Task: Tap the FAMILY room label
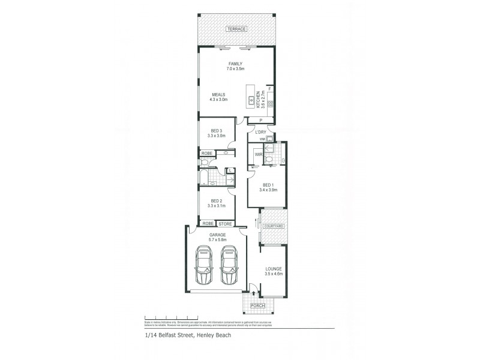click(235, 64)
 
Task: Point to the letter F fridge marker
click(270, 89)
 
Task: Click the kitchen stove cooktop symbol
click(271, 104)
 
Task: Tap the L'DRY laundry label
click(260, 132)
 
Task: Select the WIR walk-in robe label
click(259, 155)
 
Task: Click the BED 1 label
click(268, 185)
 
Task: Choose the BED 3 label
click(217, 131)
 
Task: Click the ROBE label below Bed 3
click(206, 154)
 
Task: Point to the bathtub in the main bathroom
click(205, 177)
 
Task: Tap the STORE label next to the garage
click(224, 224)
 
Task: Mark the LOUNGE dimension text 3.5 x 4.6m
click(273, 274)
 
